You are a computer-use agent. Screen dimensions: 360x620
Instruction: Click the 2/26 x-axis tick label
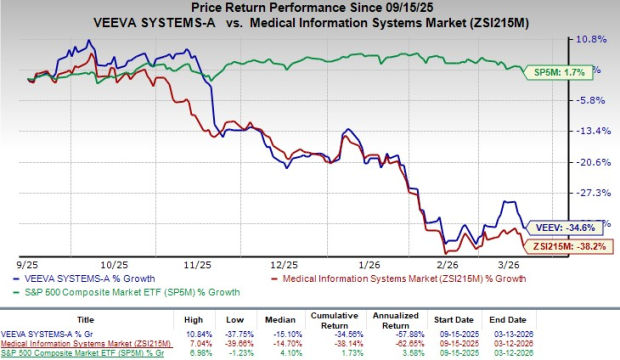click(451, 264)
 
